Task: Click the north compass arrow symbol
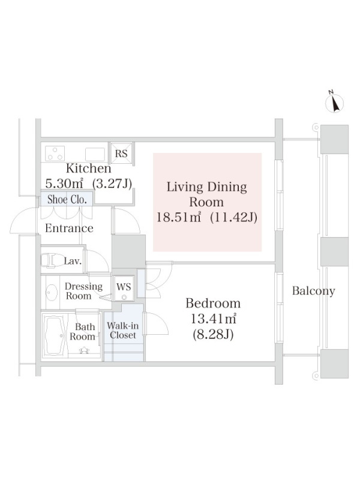pyautogui.click(x=334, y=102)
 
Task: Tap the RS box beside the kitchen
pyautogui.click(x=121, y=154)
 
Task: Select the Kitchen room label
pyautogui.click(x=88, y=168)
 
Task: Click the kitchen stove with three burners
pyautogui.click(x=55, y=154)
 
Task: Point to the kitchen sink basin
pyautogui.click(x=95, y=154)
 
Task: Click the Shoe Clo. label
pyautogui.click(x=67, y=200)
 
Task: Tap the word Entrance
pyautogui.click(x=69, y=228)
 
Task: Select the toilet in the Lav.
pyautogui.click(x=50, y=260)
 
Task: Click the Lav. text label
pyautogui.click(x=73, y=261)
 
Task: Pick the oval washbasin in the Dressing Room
pyautogui.click(x=52, y=292)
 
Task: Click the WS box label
pyautogui.click(x=124, y=287)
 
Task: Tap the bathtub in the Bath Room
pyautogui.click(x=54, y=335)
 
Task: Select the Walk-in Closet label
pyautogui.click(x=123, y=331)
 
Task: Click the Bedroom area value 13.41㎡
pyautogui.click(x=214, y=319)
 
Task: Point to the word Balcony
pyautogui.click(x=313, y=291)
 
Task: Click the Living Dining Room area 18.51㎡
pyautogui.click(x=179, y=217)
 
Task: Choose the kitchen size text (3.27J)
pyautogui.click(x=112, y=184)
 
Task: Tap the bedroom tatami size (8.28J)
pyautogui.click(x=213, y=334)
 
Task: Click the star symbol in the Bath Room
pyautogui.click(x=84, y=350)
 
